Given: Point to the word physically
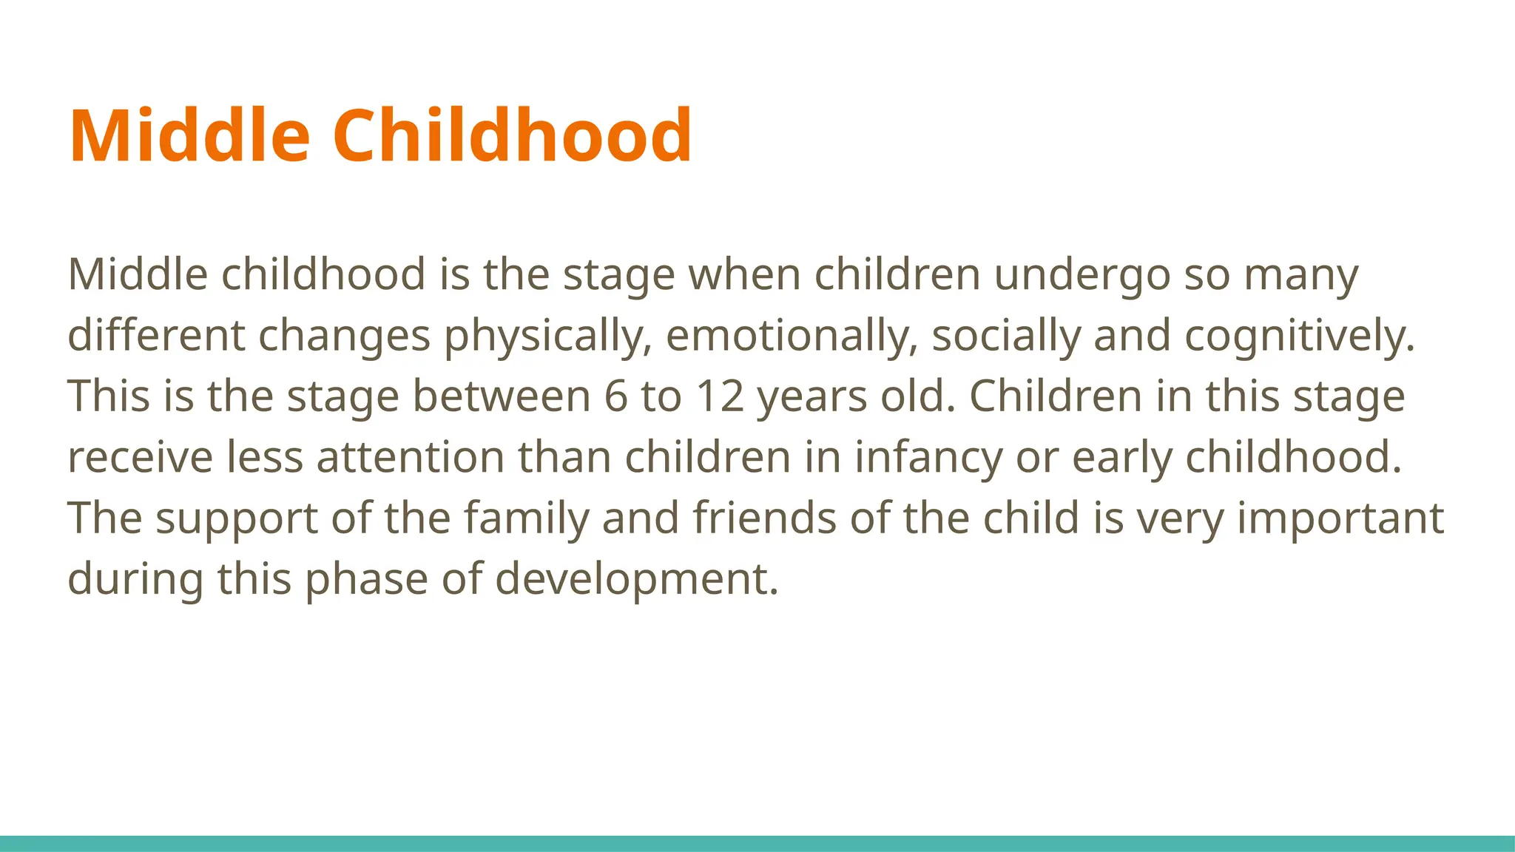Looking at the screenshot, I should tap(547, 337).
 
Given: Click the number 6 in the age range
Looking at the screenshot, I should tap(615, 396).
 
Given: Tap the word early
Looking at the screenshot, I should tap(1121, 459).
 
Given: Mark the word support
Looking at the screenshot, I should tap(237, 519).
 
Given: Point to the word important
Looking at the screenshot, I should tap(1340, 519).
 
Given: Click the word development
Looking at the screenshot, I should tap(637, 580).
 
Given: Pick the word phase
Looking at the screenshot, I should tap(366, 580).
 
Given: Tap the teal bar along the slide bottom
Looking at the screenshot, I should tap(757, 843).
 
